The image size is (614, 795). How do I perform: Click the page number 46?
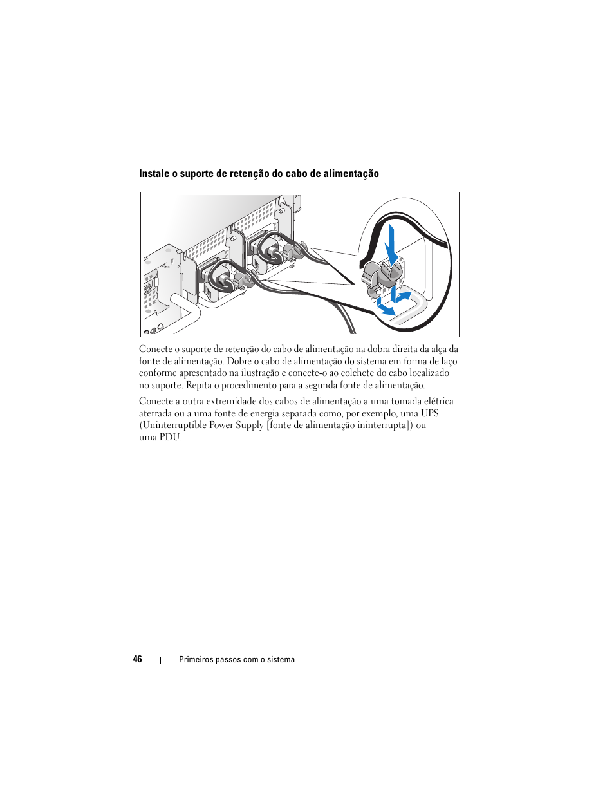coord(137,659)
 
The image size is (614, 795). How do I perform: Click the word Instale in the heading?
coord(154,174)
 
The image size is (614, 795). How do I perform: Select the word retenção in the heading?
coord(248,174)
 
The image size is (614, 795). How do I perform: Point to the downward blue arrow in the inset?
coord(390,247)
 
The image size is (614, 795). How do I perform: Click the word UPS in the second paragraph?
coord(430,413)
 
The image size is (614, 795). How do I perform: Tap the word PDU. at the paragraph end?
coord(171,437)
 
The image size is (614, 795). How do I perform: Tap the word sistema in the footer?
coord(281,660)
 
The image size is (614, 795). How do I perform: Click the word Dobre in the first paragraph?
coord(239,361)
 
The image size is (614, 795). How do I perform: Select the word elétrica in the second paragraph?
coord(438,401)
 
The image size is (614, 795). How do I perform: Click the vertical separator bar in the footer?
coord(160,660)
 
